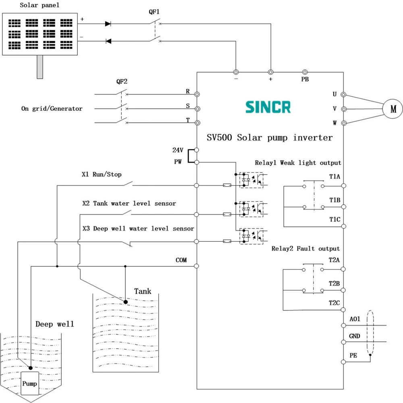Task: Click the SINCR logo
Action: pyautogui.click(x=268, y=107)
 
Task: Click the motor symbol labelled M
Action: pyautogui.click(x=393, y=109)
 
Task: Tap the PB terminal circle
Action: pyautogui.click(x=305, y=72)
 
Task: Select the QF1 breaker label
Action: pyautogui.click(x=154, y=12)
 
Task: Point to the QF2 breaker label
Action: pyautogui.click(x=122, y=81)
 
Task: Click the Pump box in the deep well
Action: pyautogui.click(x=30, y=383)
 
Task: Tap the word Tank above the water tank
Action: pyautogui.click(x=143, y=291)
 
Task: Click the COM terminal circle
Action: pyautogui.click(x=196, y=266)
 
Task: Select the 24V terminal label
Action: pyautogui.click(x=178, y=150)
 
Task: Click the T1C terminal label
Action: pyautogui.click(x=334, y=219)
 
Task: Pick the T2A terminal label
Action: pyautogui.click(x=334, y=260)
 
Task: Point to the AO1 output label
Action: pyautogui.click(x=355, y=319)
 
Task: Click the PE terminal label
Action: pyautogui.click(x=353, y=355)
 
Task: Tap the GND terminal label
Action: pyautogui.click(x=354, y=336)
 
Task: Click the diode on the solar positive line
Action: pyautogui.click(x=108, y=24)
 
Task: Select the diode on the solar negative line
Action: pyautogui.click(x=108, y=41)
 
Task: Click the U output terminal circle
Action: pyautogui.click(x=343, y=95)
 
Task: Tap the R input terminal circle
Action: pyautogui.click(x=197, y=94)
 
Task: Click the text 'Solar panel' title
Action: pyautogui.click(x=39, y=5)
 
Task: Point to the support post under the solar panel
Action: pyautogui.click(x=40, y=67)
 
